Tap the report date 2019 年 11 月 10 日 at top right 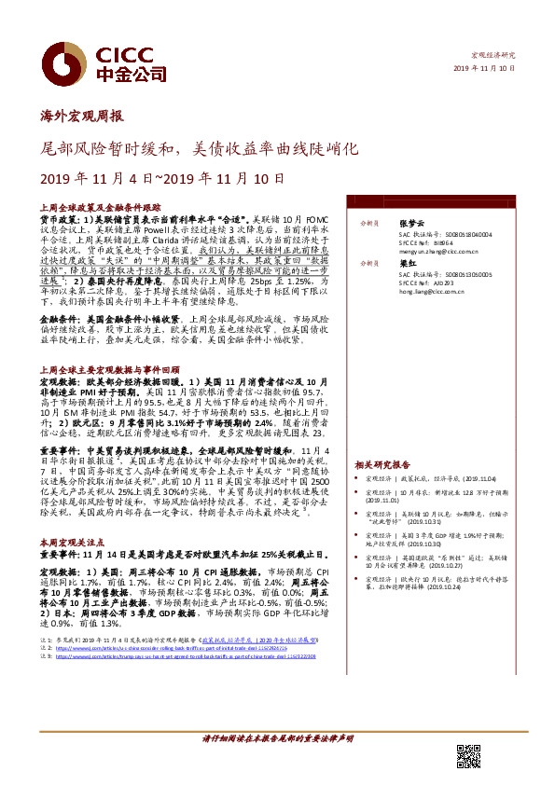[484, 70]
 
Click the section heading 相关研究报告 [382, 463]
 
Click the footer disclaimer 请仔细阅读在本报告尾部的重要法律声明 [277, 737]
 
